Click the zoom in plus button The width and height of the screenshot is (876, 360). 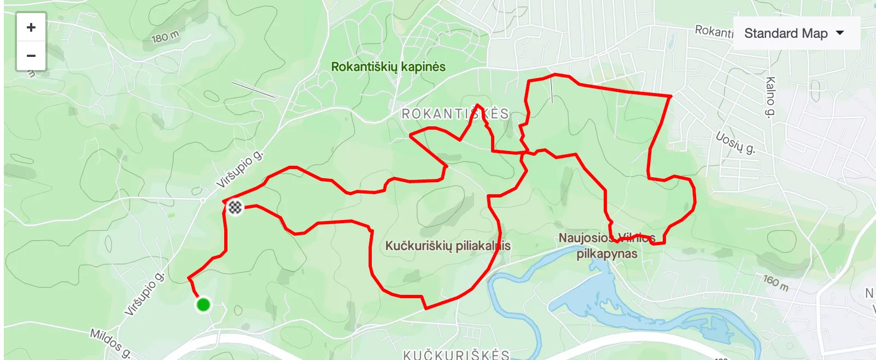[31, 27]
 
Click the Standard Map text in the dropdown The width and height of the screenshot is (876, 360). [786, 33]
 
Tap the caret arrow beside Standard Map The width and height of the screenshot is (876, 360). [840, 33]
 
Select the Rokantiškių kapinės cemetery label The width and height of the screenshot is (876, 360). [388, 67]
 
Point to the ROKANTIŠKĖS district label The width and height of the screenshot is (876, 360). [455, 114]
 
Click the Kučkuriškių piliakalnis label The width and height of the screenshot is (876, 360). [448, 246]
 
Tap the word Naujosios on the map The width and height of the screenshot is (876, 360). [584, 238]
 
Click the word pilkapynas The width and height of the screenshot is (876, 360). [607, 254]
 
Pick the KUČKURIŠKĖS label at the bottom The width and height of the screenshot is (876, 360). [456, 355]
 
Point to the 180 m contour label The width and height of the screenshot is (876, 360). [165, 37]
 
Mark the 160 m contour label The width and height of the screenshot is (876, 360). [776, 282]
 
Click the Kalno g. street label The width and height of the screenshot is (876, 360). [770, 97]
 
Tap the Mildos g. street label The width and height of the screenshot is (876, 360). [110, 343]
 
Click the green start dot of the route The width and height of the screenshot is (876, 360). [203, 304]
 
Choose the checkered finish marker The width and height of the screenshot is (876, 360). [235, 207]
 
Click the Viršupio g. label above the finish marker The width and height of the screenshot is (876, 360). [240, 170]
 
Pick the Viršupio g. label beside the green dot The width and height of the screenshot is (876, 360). [144, 294]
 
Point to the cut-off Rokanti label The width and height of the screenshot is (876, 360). [714, 31]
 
